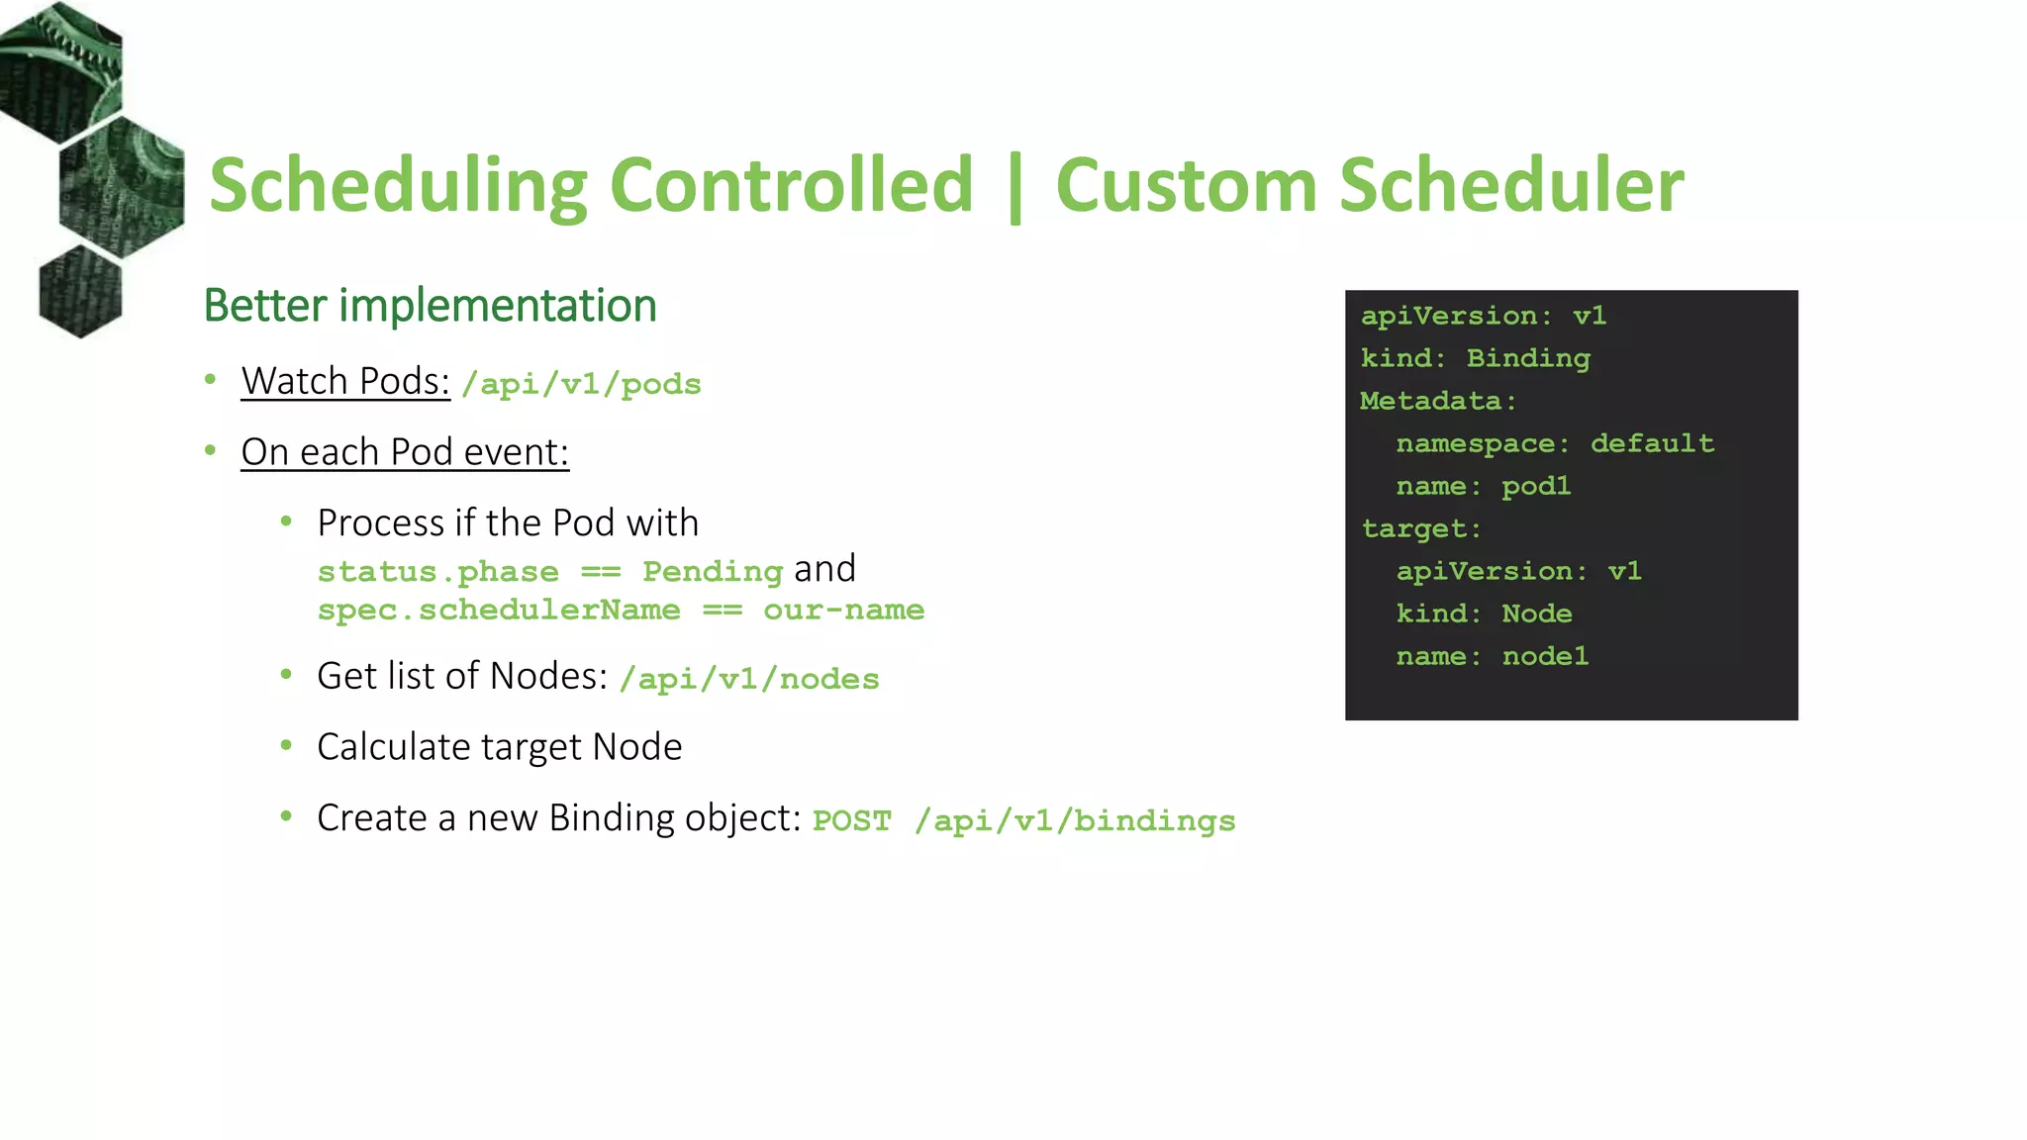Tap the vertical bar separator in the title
click(x=1014, y=188)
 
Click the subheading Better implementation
click(x=430, y=305)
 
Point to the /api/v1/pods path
click(x=581, y=384)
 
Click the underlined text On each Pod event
click(x=405, y=452)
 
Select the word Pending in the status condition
click(x=713, y=571)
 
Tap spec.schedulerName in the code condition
click(x=499, y=610)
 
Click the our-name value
click(x=843, y=610)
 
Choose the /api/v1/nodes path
click(x=749, y=679)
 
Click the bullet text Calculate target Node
click(x=499, y=747)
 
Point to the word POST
click(x=851, y=821)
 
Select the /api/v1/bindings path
click(x=1075, y=821)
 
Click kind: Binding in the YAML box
click(x=1475, y=358)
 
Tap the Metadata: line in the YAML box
click(x=1437, y=401)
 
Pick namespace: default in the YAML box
click(x=1554, y=443)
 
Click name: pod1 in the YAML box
click(x=1483, y=486)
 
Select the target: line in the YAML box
click(x=1421, y=528)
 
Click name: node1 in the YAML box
click(x=1492, y=656)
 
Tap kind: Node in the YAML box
click(x=1483, y=614)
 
